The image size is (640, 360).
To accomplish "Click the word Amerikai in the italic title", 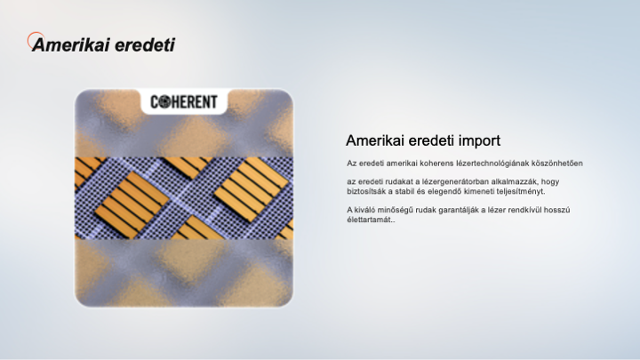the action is pyautogui.click(x=71, y=45).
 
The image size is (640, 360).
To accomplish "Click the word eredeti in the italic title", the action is pyautogui.click(x=145, y=45).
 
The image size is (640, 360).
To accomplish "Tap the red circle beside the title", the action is pyautogui.click(x=36, y=40).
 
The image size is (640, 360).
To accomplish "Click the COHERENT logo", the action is pyautogui.click(x=184, y=101).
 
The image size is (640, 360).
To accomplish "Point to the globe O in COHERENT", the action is pyautogui.click(x=165, y=101).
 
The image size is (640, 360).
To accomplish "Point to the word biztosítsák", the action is pyautogui.click(x=365, y=191).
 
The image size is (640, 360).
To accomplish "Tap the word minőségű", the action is pyautogui.click(x=395, y=210).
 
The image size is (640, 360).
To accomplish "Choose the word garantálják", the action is pyautogui.click(x=456, y=210).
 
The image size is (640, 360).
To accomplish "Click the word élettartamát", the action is pyautogui.click(x=371, y=220).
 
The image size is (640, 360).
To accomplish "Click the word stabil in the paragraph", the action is pyautogui.click(x=404, y=191).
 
